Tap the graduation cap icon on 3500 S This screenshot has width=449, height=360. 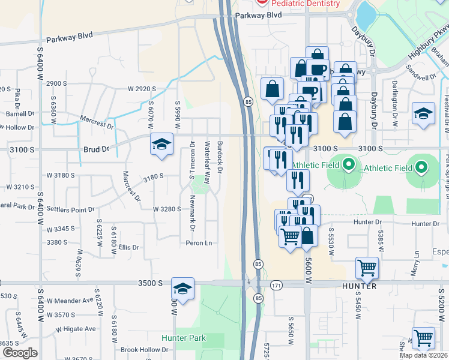coord(182,289)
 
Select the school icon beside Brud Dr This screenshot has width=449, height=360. coord(161,145)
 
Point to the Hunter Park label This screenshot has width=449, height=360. coord(184,338)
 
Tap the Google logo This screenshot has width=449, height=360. coord(20,353)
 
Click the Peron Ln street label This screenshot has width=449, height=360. coord(200,243)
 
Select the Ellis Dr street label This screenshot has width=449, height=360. coord(128,247)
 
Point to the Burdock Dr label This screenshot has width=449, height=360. coord(220,158)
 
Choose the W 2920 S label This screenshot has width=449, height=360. coord(142,89)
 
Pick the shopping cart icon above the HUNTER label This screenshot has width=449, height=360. coord(367,268)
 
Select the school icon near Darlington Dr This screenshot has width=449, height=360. coord(423,113)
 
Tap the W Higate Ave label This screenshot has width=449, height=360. coord(76,329)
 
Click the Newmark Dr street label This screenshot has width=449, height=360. coord(193,206)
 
